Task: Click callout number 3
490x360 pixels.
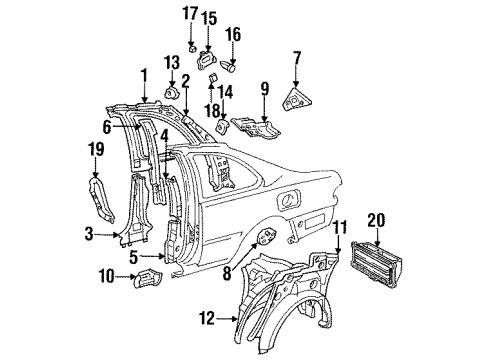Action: pyautogui.click(x=91, y=236)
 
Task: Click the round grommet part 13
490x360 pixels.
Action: pyautogui.click(x=169, y=96)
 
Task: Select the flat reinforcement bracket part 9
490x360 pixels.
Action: pyautogui.click(x=260, y=129)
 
